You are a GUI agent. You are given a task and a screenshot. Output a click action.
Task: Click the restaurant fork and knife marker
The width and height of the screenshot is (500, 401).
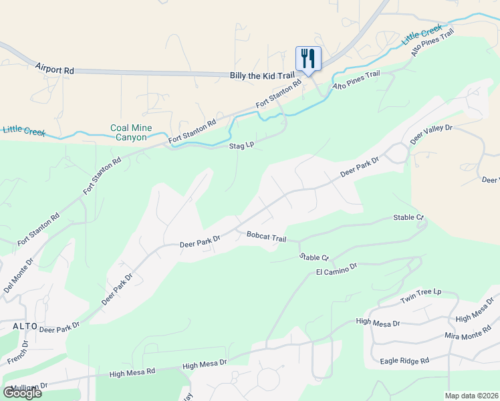pyautogui.click(x=308, y=58)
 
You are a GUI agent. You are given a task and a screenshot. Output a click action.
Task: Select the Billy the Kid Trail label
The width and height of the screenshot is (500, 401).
pyautogui.click(x=261, y=77)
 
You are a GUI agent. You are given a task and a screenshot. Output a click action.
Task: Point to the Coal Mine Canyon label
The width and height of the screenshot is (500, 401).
pyautogui.click(x=131, y=132)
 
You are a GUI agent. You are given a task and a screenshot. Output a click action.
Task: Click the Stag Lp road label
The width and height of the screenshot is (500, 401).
pyautogui.click(x=241, y=144)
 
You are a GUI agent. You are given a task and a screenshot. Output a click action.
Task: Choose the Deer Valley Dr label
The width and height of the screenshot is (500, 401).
pyautogui.click(x=431, y=134)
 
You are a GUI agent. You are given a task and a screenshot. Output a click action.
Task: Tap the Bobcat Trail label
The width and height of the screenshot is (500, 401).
pyautogui.click(x=266, y=237)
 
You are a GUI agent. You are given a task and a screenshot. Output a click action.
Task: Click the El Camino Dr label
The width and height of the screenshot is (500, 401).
pyautogui.click(x=336, y=269)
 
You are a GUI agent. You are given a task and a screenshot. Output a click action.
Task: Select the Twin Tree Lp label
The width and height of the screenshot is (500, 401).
pyautogui.click(x=421, y=295)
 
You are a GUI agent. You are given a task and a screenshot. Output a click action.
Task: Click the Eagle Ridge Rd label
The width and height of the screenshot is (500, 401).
pyautogui.click(x=404, y=361)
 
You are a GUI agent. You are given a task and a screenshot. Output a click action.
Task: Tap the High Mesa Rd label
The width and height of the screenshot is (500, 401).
pyautogui.click(x=132, y=371)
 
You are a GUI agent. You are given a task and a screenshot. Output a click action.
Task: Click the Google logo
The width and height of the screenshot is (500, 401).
pyautogui.click(x=22, y=392)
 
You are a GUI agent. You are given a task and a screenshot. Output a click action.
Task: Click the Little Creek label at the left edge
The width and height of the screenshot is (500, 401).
pyautogui.click(x=23, y=130)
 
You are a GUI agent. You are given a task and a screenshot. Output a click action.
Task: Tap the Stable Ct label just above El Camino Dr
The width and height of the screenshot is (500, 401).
pyautogui.click(x=314, y=257)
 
